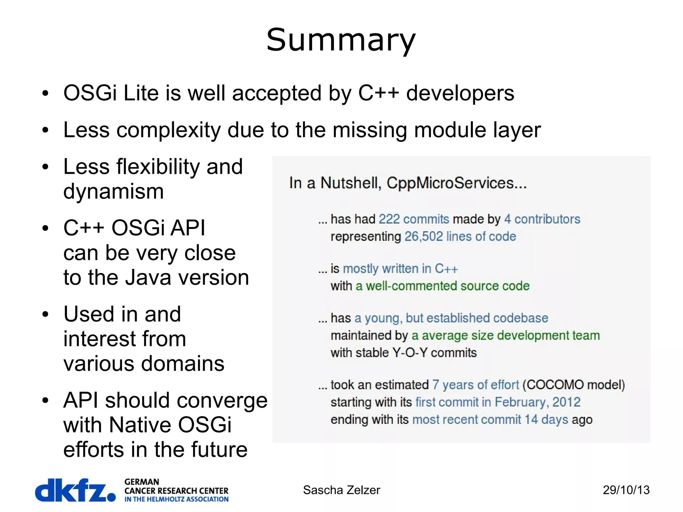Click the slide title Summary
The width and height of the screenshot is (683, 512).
pos(341,40)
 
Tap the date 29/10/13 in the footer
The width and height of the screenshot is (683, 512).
pos(626,490)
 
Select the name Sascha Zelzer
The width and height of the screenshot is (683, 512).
pos(341,490)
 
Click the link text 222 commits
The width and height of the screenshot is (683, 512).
pos(414,219)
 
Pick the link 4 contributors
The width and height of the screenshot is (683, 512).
pos(542,219)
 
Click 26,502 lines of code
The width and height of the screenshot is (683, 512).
pos(460,236)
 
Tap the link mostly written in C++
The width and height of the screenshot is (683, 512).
pos(400,269)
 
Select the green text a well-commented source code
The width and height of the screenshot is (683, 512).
pos(443,286)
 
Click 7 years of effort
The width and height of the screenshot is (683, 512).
pos(476,385)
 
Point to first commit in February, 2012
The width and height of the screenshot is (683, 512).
pos(498,402)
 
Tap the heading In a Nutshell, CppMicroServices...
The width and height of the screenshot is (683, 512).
pos(408,183)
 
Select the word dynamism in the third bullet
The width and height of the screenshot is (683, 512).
pos(113,191)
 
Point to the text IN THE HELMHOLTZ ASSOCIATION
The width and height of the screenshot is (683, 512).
pos(176,499)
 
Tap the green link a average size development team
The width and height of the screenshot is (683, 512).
pos(506,335)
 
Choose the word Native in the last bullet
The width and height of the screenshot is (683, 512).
pos(140,425)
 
